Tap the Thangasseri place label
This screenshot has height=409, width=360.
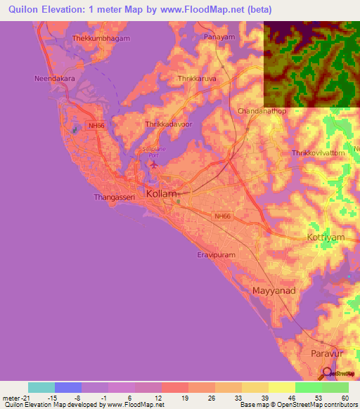click(114, 197)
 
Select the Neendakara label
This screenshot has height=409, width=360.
click(55, 79)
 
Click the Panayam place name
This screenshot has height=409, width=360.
click(219, 35)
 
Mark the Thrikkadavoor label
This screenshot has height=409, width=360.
click(167, 124)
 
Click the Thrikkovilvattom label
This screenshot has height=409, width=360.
click(320, 152)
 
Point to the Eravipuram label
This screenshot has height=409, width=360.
click(217, 257)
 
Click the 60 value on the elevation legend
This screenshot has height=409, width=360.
click(344, 398)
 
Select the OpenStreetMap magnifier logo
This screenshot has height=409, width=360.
click(327, 373)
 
